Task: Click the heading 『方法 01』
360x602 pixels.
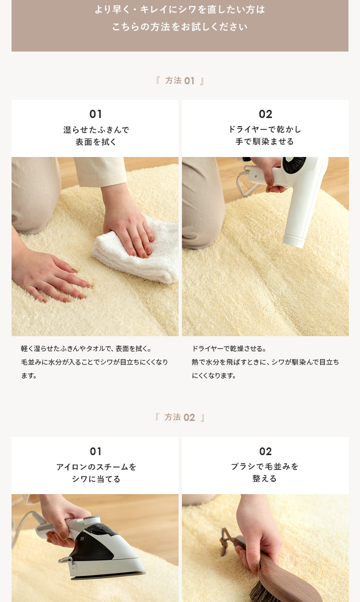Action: coord(180,80)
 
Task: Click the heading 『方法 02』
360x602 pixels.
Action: coord(180,417)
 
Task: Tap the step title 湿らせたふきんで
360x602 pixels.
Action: coord(96,130)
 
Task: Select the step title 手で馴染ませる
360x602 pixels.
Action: coord(265,142)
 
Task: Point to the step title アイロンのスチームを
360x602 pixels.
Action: coord(96,467)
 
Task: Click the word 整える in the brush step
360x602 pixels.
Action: coord(265,478)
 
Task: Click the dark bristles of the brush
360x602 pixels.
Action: coord(262,591)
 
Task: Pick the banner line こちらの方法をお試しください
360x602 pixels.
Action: coord(180,26)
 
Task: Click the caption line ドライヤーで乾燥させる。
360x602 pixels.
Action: coord(229,349)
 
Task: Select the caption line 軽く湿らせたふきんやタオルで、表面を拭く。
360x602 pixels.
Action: coord(86,349)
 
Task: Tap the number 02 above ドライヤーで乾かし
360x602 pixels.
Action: coord(266,114)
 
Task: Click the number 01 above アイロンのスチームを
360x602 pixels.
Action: coord(96,451)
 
